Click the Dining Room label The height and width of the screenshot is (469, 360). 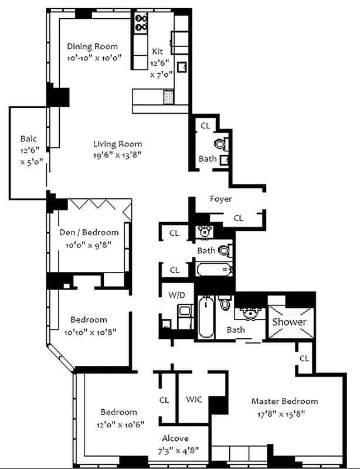(x=92, y=46)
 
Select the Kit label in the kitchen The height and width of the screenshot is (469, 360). (x=158, y=52)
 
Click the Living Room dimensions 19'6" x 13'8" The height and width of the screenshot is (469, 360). (x=117, y=155)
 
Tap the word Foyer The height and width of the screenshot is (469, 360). (x=221, y=199)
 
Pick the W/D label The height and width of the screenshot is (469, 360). (x=176, y=294)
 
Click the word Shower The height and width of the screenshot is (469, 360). (x=289, y=322)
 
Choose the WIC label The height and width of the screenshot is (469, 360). (x=193, y=400)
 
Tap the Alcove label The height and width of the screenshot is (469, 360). (x=175, y=438)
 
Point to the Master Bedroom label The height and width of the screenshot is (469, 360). (x=284, y=402)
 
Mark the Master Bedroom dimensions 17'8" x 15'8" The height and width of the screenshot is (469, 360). (x=284, y=413)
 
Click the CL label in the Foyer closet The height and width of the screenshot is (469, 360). (x=238, y=218)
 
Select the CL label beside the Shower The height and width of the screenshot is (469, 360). (x=304, y=358)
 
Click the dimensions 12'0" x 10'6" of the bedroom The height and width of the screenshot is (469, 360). (x=118, y=423)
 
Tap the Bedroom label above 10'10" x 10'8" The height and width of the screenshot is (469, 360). (x=89, y=320)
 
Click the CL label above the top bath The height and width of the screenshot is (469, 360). (x=205, y=125)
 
